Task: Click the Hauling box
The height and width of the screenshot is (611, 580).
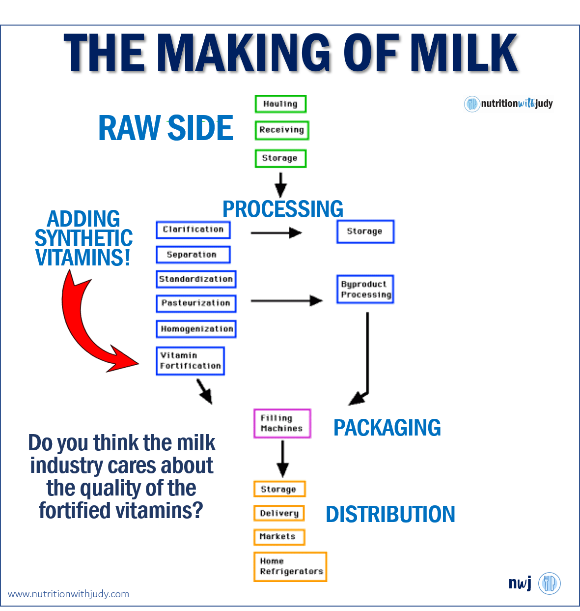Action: [281, 104]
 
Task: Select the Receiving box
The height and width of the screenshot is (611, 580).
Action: [282, 130]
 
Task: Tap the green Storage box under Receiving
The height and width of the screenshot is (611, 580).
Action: [281, 158]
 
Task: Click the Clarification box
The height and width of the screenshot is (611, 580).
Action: [193, 230]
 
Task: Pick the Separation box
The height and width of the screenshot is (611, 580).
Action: [193, 255]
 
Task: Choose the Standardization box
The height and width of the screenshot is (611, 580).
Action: [196, 279]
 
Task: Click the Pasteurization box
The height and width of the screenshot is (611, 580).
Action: [196, 304]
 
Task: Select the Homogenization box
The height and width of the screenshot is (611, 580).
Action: [196, 329]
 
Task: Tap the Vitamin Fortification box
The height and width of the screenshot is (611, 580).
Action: [191, 361]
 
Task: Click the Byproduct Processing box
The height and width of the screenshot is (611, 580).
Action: [365, 290]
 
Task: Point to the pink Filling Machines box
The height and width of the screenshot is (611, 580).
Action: [282, 424]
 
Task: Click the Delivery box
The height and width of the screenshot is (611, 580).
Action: [279, 513]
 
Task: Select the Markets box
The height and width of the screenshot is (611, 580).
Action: [279, 537]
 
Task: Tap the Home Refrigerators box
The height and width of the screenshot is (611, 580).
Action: [290, 567]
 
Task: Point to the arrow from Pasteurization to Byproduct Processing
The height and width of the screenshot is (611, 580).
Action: [287, 301]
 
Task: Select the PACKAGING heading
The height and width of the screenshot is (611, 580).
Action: [387, 428]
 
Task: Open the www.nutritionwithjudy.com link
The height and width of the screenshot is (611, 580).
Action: [68, 594]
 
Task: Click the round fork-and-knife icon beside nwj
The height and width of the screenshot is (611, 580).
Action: [549, 583]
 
